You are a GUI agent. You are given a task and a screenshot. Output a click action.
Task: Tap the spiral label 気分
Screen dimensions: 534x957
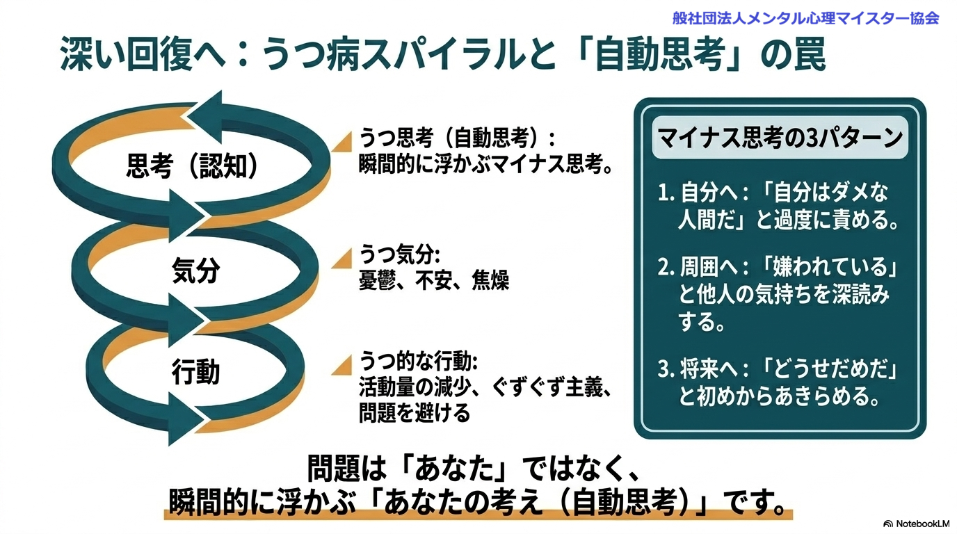(195, 271)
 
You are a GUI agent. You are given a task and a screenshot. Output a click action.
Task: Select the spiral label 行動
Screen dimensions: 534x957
(195, 372)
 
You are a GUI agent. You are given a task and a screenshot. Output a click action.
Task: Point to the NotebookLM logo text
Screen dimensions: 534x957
(916, 524)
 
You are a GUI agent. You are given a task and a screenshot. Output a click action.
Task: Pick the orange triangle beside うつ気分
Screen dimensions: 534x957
(341, 260)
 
